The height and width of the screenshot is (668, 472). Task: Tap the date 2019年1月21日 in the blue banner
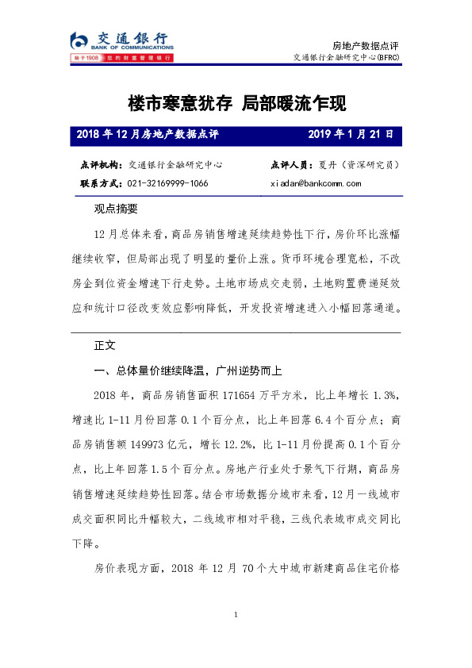pyautogui.click(x=350, y=134)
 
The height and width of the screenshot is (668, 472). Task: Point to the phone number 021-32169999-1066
pyautogui.click(x=167, y=183)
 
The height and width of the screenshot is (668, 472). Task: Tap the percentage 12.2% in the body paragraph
pyautogui.click(x=230, y=436)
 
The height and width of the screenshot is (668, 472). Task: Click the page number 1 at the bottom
pyautogui.click(x=236, y=615)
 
